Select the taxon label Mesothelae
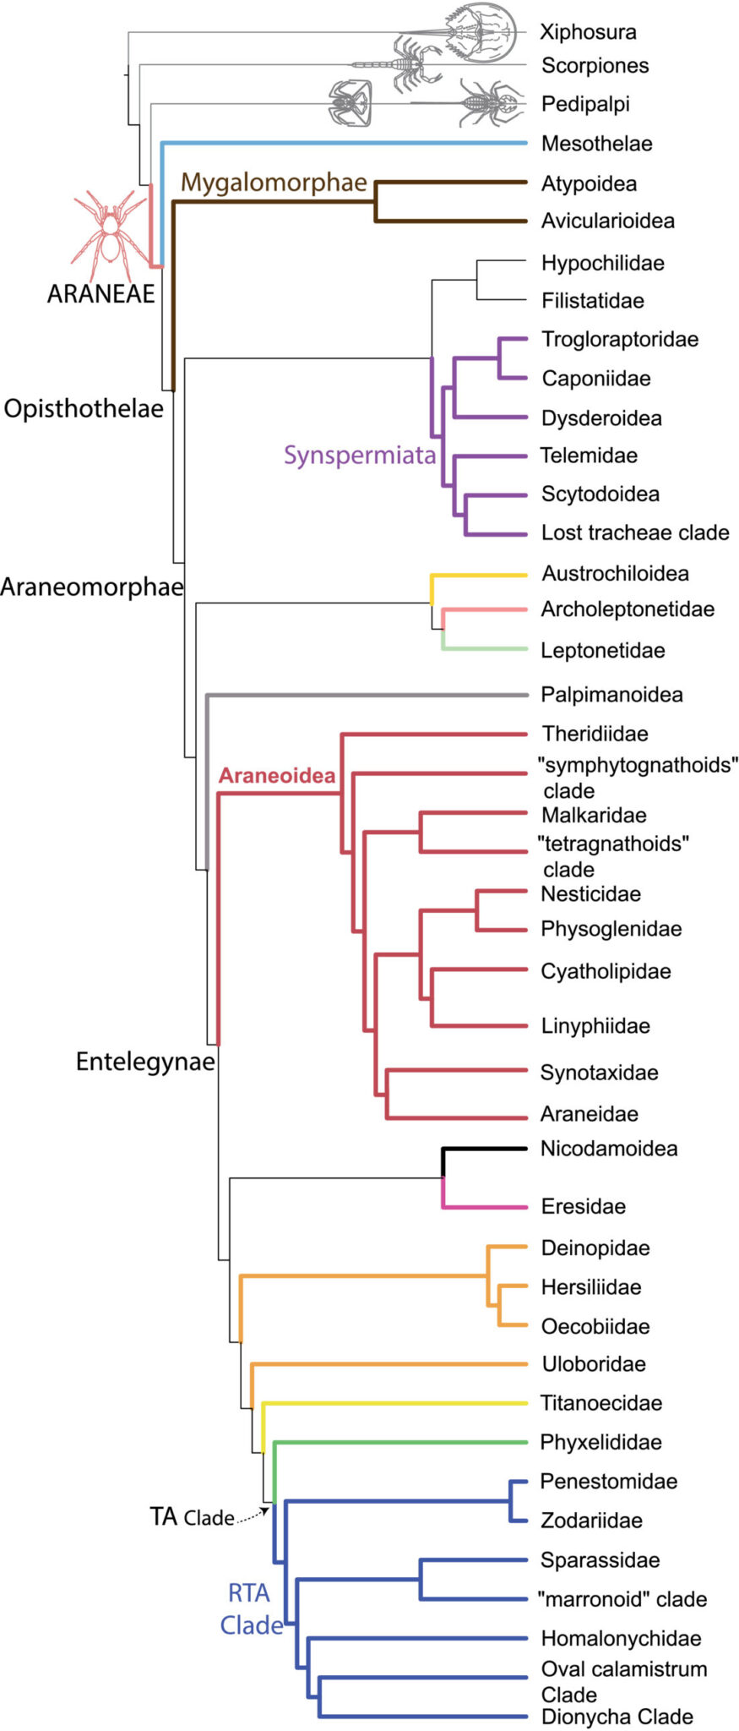click(596, 144)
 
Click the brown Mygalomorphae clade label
click(274, 183)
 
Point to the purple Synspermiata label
click(360, 456)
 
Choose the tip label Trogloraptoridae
click(620, 340)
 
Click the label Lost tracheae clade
click(635, 532)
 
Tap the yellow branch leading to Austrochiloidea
click(481, 575)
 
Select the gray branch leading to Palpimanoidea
click(363, 695)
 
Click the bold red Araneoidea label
click(277, 776)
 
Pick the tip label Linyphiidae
click(595, 1026)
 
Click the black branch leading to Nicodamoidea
click(486, 1149)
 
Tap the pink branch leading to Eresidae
click(486, 1207)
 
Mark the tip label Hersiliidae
click(591, 1287)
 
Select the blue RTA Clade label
click(251, 1609)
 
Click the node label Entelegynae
click(145, 1062)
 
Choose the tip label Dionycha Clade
click(617, 1717)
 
